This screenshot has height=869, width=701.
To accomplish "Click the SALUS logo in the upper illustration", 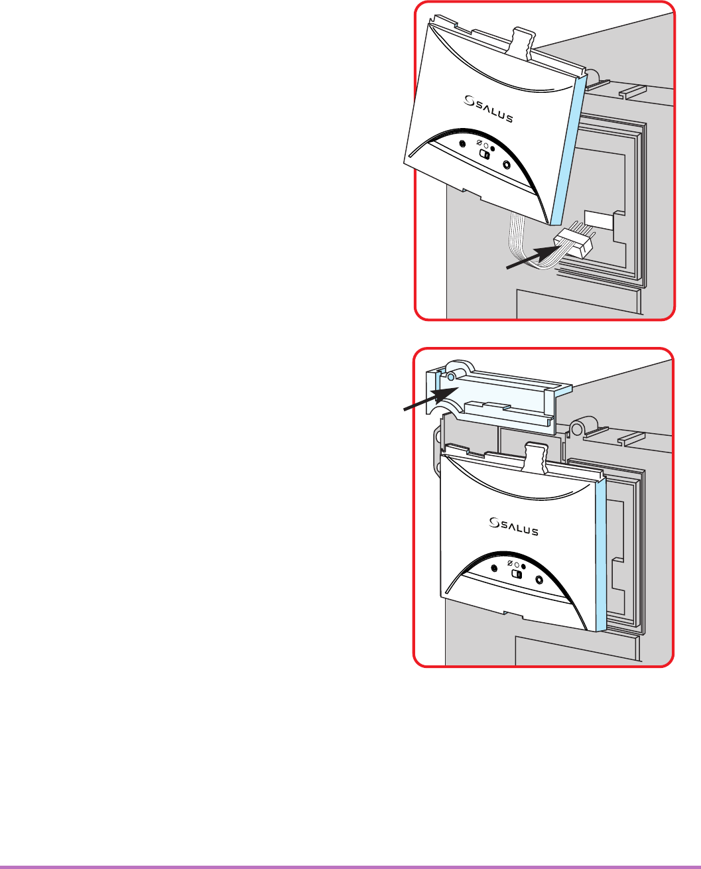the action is click(488, 106).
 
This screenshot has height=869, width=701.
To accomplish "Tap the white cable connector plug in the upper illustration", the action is click(574, 243).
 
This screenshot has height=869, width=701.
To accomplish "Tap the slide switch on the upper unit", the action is click(485, 155).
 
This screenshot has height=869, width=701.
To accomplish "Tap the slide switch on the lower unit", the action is click(516, 574).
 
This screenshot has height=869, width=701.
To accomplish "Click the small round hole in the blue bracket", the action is click(450, 376).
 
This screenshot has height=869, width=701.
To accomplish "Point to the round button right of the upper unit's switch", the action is click(507, 165).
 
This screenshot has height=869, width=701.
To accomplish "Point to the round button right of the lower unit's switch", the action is click(539, 580).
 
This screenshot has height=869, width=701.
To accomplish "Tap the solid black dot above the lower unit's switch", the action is click(523, 566).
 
